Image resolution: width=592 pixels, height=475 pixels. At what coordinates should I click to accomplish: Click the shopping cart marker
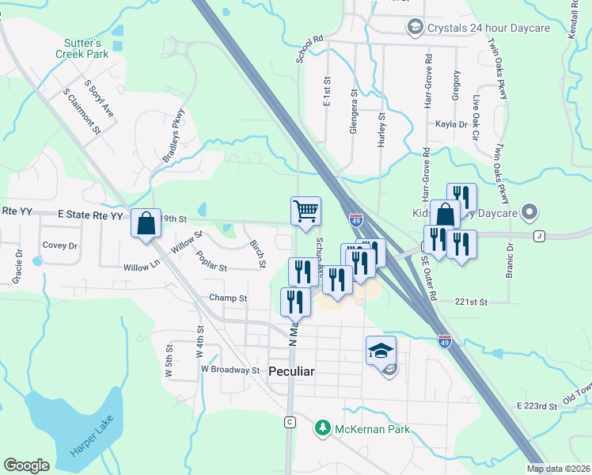tap(305, 211)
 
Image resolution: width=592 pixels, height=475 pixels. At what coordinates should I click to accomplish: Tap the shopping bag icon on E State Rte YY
tap(147, 222)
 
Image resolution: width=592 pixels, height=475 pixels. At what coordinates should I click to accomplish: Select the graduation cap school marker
tap(381, 349)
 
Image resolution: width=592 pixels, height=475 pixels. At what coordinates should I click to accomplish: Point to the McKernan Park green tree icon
tap(322, 428)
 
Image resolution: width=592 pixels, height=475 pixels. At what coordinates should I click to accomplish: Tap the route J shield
tap(540, 235)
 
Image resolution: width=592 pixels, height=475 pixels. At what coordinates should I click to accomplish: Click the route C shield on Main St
tap(290, 422)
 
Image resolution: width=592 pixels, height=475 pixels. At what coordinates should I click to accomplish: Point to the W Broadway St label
tap(230, 370)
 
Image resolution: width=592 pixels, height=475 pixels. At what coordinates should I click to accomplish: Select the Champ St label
tap(228, 298)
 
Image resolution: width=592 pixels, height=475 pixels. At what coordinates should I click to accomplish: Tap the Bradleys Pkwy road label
tap(173, 135)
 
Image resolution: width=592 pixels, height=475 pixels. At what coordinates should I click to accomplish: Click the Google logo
tap(27, 465)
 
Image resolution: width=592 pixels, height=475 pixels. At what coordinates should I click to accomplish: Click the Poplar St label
tap(212, 262)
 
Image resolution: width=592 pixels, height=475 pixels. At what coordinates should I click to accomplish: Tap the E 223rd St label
tap(537, 405)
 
